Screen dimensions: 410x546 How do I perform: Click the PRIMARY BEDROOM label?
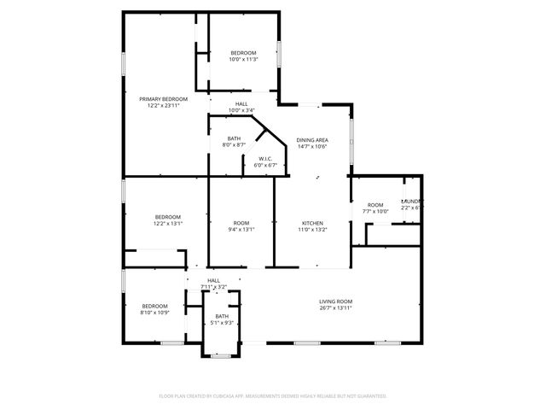coord(164,99)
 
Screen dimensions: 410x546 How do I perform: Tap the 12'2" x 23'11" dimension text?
coord(164,106)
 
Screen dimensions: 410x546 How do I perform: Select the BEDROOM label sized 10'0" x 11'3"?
coord(242,53)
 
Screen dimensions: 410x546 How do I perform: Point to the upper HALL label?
coord(242,103)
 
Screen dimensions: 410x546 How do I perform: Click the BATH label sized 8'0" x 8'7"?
coord(234,138)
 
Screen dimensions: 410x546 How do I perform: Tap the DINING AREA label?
coord(312,139)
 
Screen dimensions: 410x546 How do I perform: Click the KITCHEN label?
coord(312,222)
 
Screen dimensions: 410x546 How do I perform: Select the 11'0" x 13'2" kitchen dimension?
coord(312,229)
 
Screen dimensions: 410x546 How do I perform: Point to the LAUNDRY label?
coord(412,201)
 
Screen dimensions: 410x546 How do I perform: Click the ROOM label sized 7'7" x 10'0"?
coord(375,205)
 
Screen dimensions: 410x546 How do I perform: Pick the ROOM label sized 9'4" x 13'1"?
coord(241,222)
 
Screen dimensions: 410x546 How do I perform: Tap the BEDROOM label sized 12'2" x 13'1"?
coord(168,217)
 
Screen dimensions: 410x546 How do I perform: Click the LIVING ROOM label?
coord(336,301)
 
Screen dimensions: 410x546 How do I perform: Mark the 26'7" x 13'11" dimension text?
coord(336,307)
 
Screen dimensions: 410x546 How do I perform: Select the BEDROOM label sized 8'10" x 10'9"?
coord(154,306)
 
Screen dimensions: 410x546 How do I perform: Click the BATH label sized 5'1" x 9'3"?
coord(222,316)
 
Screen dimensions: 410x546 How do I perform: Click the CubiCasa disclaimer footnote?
coord(273,396)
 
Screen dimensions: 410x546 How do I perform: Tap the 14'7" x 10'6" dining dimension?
coord(312,146)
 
